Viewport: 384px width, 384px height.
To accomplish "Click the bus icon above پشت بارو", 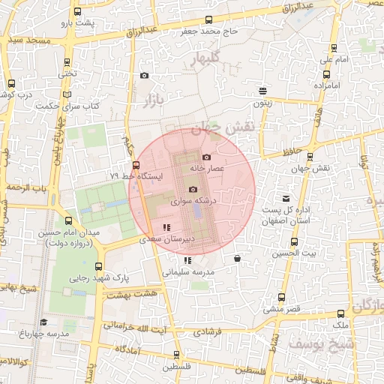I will point(78,12).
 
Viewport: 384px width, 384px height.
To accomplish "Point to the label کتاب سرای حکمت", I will point(68,106).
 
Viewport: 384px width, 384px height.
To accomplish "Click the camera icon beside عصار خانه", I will point(207,157).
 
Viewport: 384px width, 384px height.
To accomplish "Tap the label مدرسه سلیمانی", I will point(188,271).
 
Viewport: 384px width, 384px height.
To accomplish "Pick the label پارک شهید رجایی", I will point(100,277).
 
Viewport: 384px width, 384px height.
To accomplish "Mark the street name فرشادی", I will point(207,330).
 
